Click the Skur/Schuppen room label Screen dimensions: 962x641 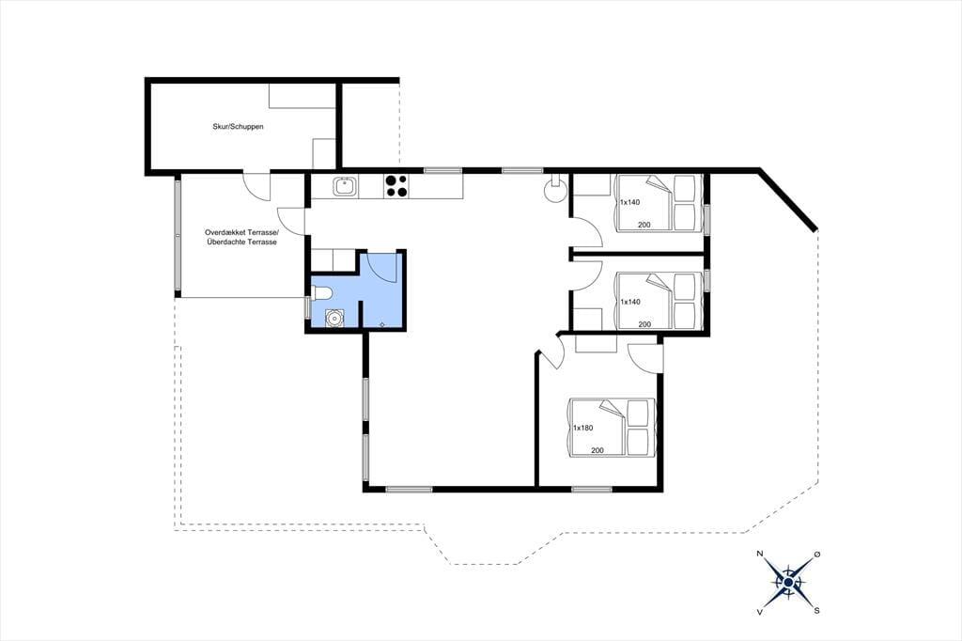pyautogui.click(x=238, y=127)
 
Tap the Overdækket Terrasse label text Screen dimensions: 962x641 pyautogui.click(x=241, y=233)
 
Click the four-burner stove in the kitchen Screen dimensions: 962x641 pyautogui.click(x=396, y=186)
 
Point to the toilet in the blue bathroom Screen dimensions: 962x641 pyautogui.click(x=321, y=293)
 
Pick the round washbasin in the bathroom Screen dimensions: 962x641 pyautogui.click(x=334, y=318)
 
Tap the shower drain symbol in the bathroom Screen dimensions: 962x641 pyautogui.click(x=382, y=323)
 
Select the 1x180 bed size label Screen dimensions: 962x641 pyautogui.click(x=582, y=428)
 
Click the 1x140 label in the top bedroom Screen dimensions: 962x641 pyautogui.click(x=629, y=202)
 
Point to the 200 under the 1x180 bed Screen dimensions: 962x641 pyautogui.click(x=597, y=450)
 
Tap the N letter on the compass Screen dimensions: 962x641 pyautogui.click(x=760, y=554)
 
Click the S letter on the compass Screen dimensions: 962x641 pyautogui.click(x=816, y=610)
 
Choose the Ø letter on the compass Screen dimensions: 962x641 pyautogui.click(x=816, y=554)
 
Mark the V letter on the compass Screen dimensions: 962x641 pyautogui.click(x=760, y=611)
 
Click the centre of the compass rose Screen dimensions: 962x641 pyautogui.click(x=788, y=583)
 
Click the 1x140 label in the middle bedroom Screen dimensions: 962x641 pyautogui.click(x=630, y=302)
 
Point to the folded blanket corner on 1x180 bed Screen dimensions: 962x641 pyautogui.click(x=612, y=408)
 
